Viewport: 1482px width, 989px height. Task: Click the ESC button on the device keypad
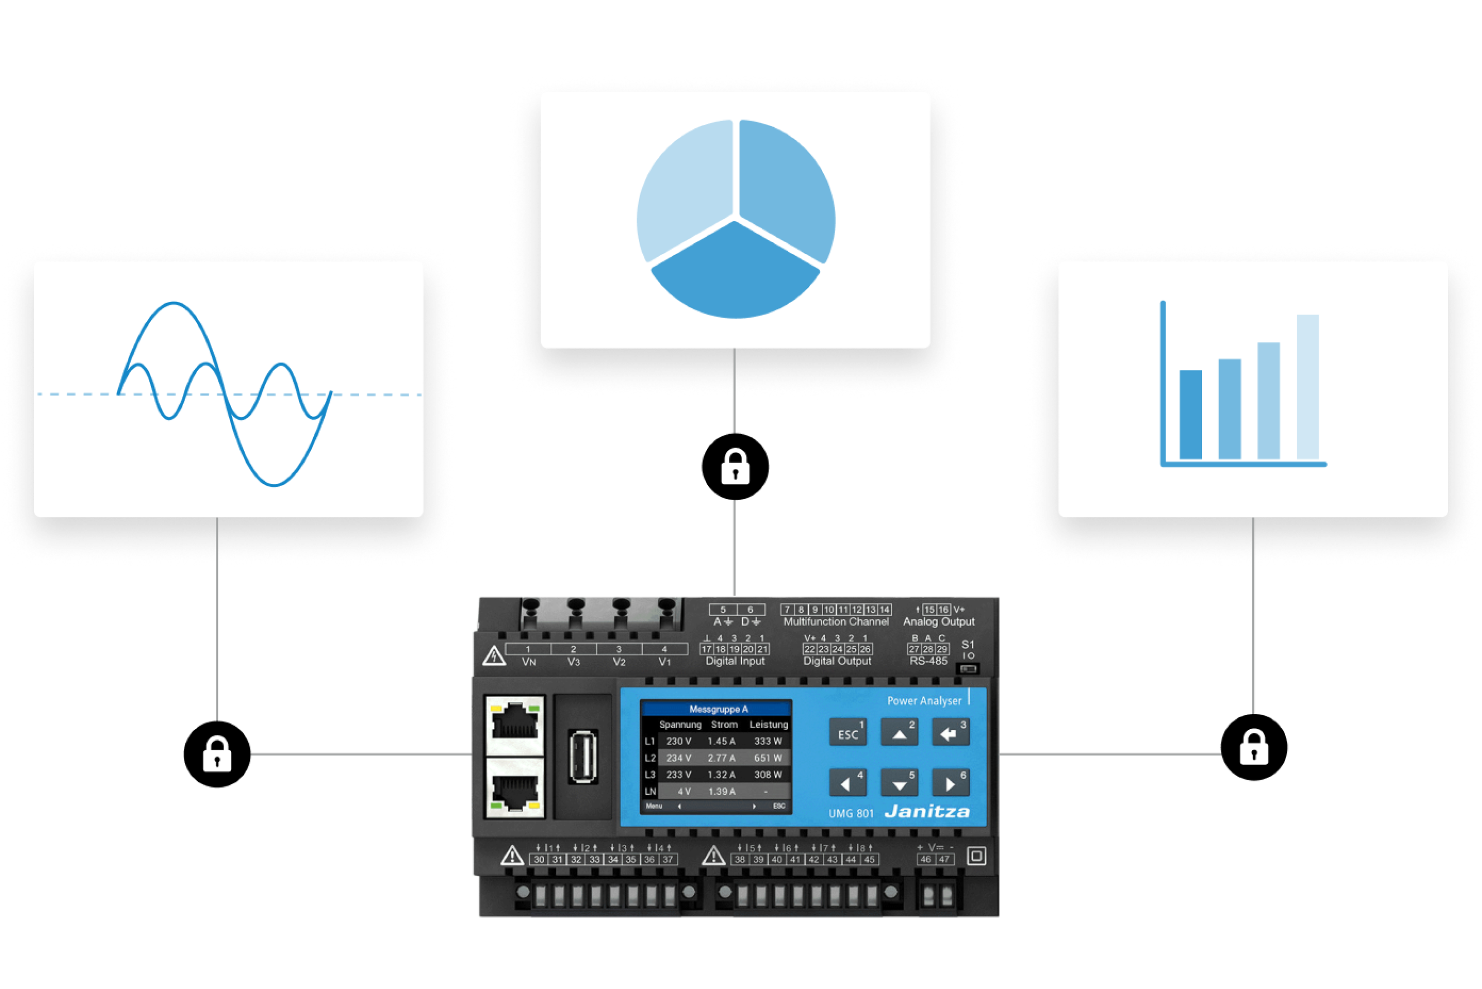[848, 733]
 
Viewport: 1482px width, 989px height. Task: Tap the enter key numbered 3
[950, 733]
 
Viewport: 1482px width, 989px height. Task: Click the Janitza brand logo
[927, 812]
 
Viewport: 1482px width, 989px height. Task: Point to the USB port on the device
[583, 757]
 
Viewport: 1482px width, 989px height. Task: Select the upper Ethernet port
[515, 726]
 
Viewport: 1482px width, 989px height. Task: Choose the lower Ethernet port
[515, 789]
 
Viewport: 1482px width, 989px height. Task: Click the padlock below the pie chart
[735, 467]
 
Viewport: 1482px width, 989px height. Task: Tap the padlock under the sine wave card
[217, 755]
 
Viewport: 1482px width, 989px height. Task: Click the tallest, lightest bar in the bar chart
[1307, 387]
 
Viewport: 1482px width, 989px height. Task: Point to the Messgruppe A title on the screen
[718, 709]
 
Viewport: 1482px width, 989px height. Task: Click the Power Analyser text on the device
[924, 701]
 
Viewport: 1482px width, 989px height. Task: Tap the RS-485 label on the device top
[928, 661]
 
